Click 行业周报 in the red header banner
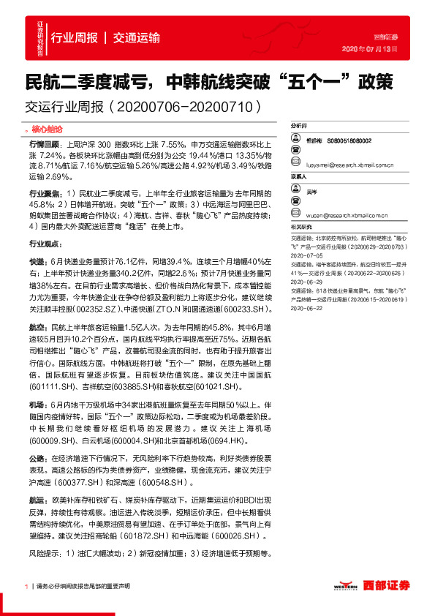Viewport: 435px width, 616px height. click(75, 38)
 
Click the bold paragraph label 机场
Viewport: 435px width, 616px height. click(36, 404)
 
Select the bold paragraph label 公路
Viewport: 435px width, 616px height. click(36, 457)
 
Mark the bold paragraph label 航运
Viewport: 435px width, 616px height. click(36, 500)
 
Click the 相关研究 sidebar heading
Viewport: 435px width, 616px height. click(301, 227)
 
